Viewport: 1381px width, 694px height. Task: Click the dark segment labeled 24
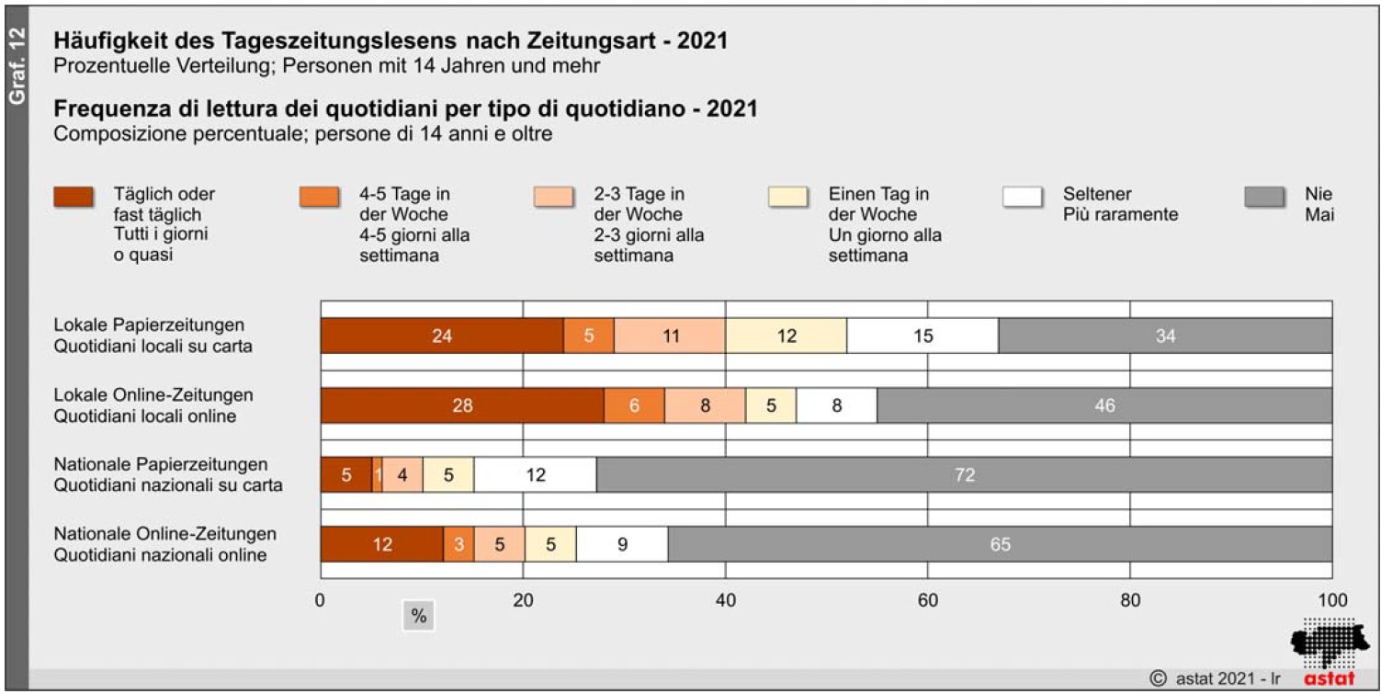pyautogui.click(x=441, y=336)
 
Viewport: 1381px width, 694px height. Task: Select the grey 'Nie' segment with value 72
pyautogui.click(x=964, y=475)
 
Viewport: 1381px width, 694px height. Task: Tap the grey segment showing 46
pyautogui.click(x=1104, y=405)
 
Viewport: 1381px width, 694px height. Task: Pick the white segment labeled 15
pyautogui.click(x=923, y=336)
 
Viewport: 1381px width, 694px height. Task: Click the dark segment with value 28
pyautogui.click(x=461, y=405)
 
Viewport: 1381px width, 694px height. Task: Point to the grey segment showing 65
pyautogui.click(x=1000, y=544)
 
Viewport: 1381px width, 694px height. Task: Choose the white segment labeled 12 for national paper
pyautogui.click(x=535, y=475)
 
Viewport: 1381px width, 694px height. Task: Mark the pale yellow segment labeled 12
pyautogui.click(x=786, y=336)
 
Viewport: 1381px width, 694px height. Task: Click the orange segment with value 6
pyautogui.click(x=634, y=405)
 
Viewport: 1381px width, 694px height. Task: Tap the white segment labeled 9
pyautogui.click(x=622, y=544)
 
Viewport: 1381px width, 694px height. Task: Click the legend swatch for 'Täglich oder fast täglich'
pyautogui.click(x=74, y=197)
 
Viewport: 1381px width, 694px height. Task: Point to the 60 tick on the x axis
pyautogui.click(x=928, y=601)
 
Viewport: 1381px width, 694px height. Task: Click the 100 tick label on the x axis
pyautogui.click(x=1331, y=601)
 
